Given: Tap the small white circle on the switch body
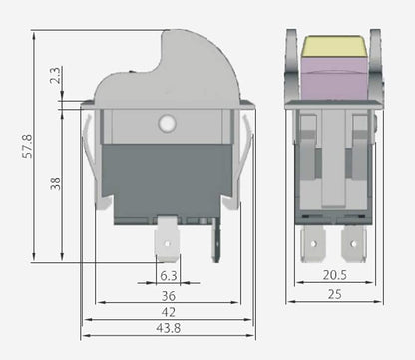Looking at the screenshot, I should pyautogui.click(x=167, y=124).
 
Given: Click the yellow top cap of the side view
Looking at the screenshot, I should pyautogui.click(x=333, y=44).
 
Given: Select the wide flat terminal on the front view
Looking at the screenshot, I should pyautogui.click(x=168, y=241).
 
